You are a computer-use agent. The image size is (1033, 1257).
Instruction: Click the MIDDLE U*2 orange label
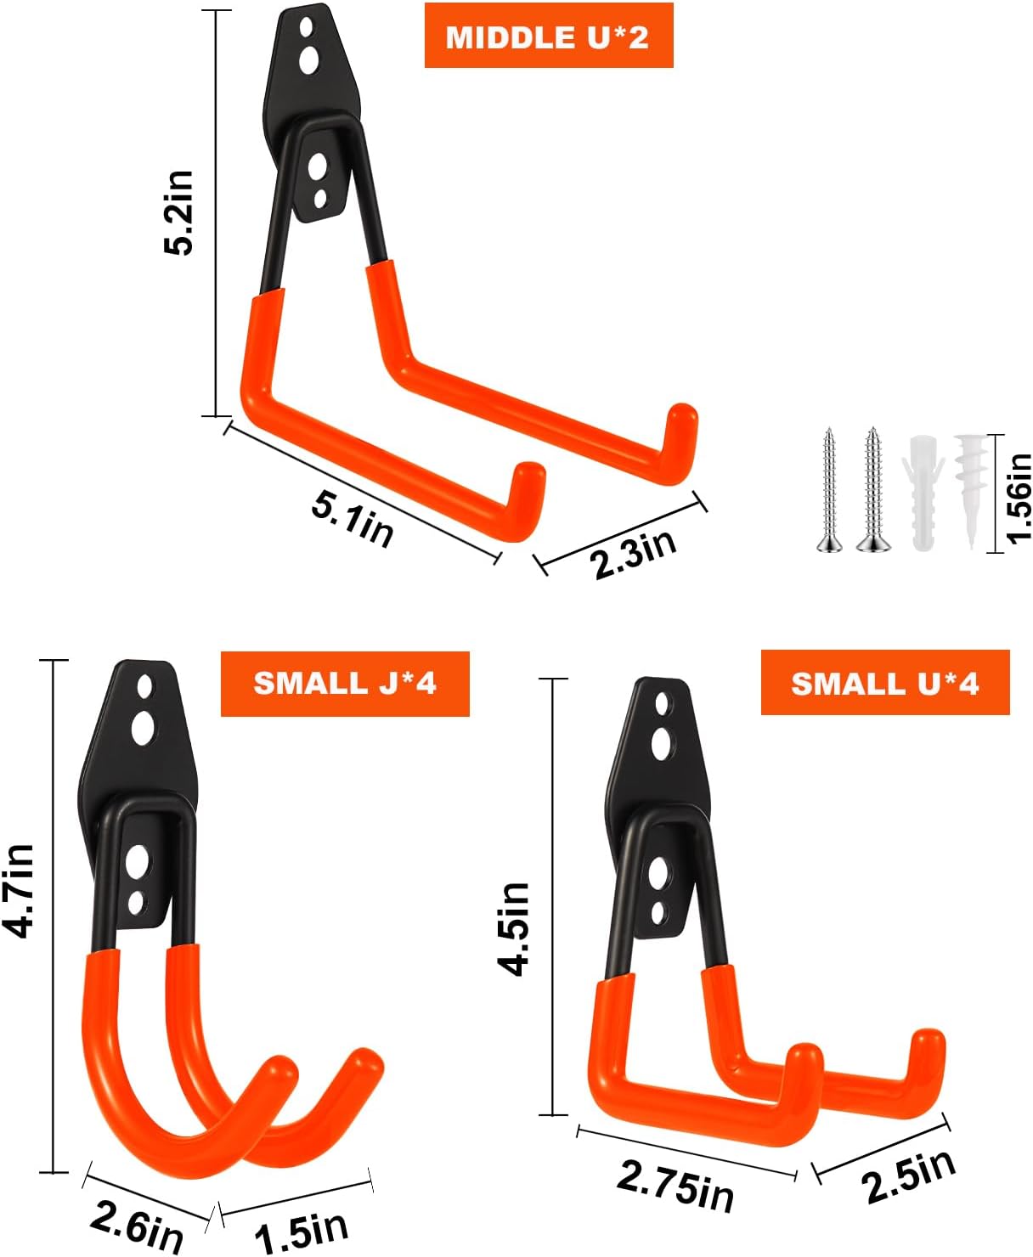pyautogui.click(x=548, y=37)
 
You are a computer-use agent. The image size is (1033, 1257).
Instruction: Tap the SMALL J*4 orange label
pyautogui.click(x=345, y=683)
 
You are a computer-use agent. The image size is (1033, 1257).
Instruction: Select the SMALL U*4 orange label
pyautogui.click(x=884, y=683)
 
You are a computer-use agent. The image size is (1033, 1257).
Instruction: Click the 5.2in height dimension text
pyautogui.click(x=180, y=212)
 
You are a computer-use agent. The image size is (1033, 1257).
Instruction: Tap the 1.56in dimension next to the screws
pyautogui.click(x=1017, y=496)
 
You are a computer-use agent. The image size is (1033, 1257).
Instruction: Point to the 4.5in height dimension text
pyautogui.click(x=514, y=928)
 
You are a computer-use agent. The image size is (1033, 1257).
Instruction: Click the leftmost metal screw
pyautogui.click(x=827, y=492)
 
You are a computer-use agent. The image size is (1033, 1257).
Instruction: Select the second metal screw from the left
pyautogui.click(x=872, y=492)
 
